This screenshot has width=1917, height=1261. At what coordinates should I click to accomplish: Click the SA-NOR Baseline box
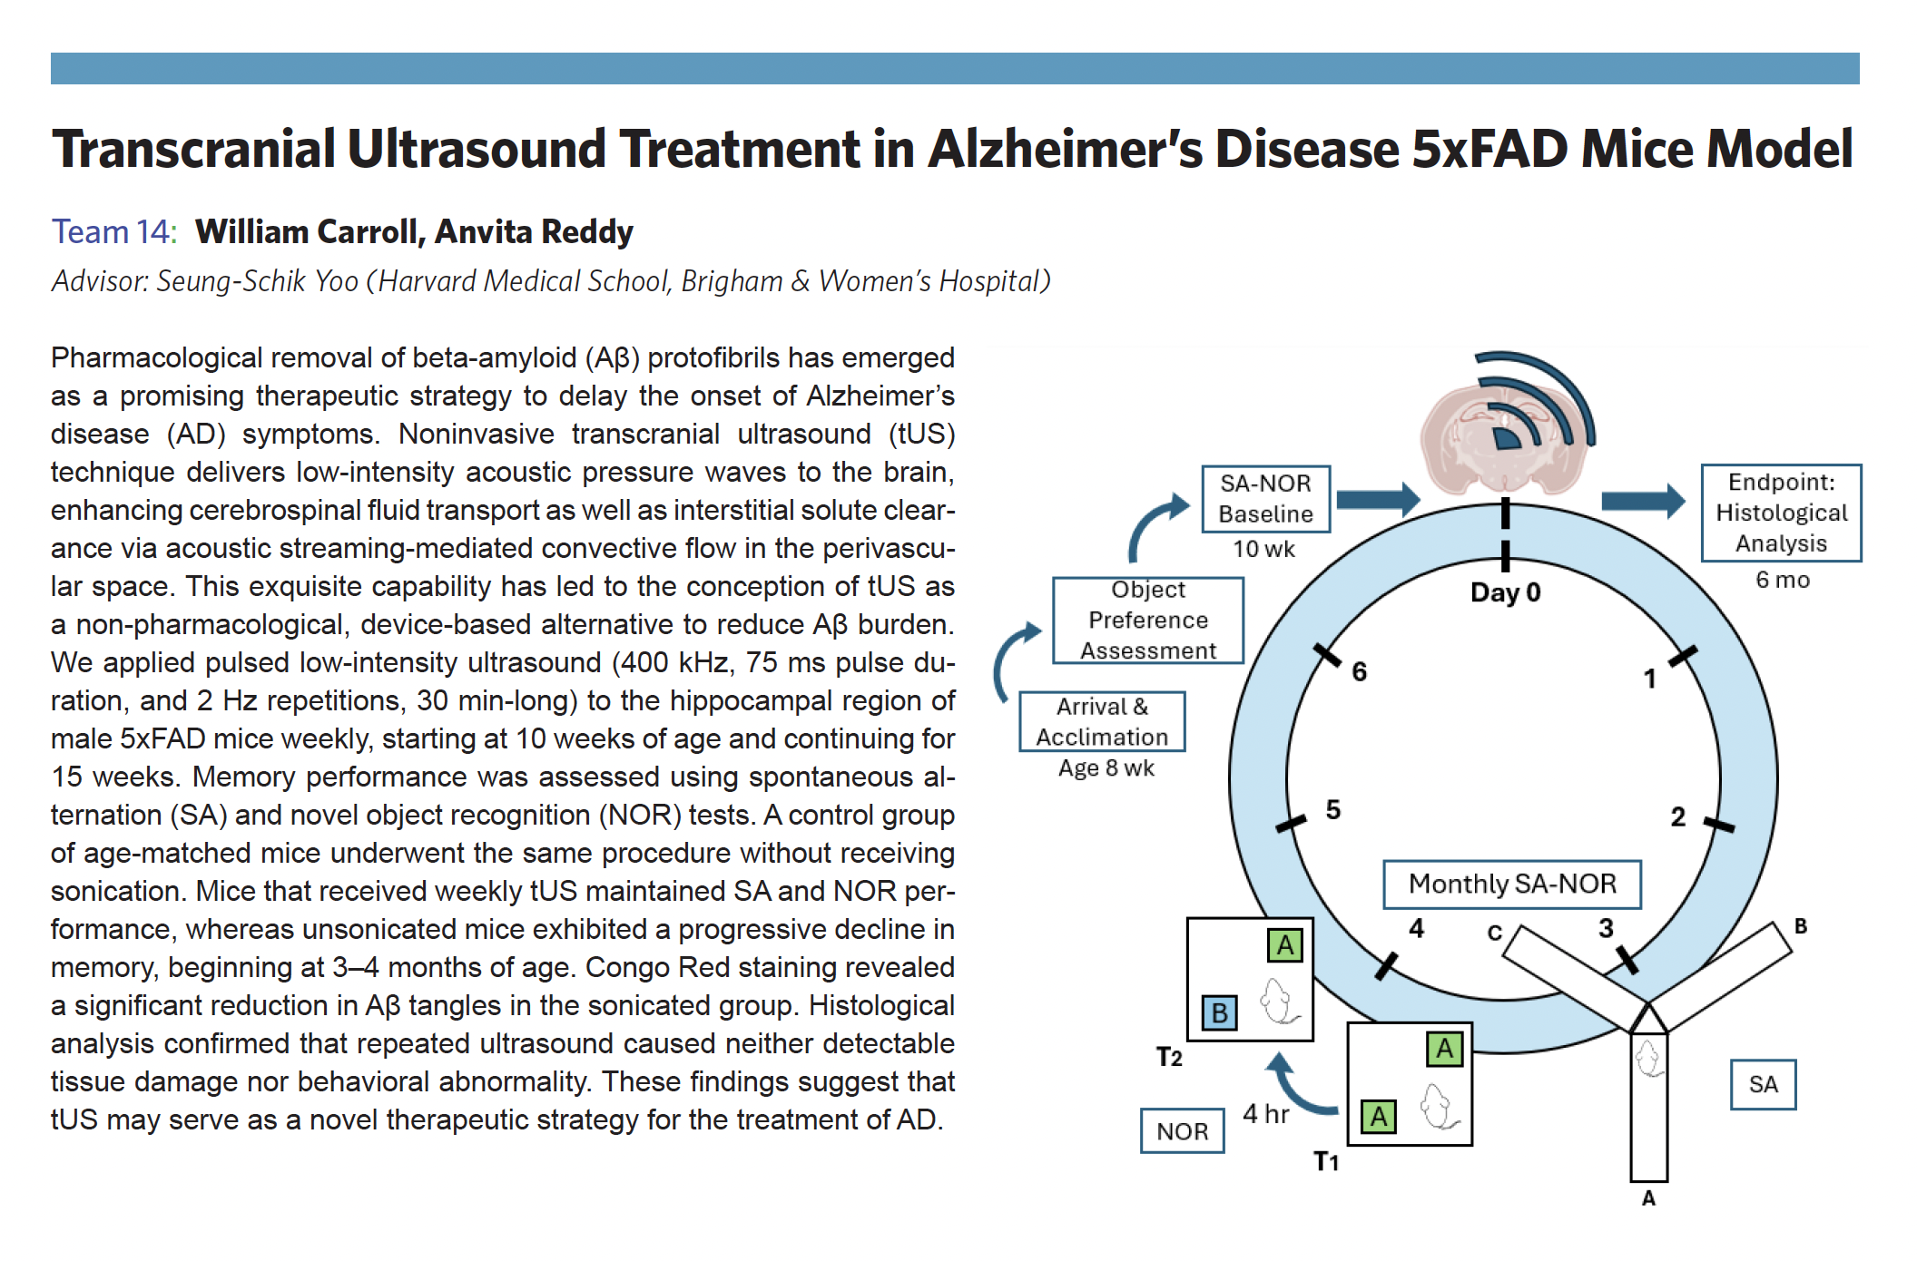tap(1265, 499)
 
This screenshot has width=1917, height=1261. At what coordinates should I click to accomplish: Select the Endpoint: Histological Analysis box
tap(1781, 513)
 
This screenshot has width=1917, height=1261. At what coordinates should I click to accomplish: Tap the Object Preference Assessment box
tap(1147, 621)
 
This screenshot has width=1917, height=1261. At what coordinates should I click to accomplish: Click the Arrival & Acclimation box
tap(1102, 722)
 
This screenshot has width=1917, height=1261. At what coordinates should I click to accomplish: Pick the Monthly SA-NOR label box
tap(1512, 884)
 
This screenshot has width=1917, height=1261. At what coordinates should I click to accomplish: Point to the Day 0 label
tap(1505, 592)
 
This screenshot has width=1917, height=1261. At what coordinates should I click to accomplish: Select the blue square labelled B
tap(1219, 1012)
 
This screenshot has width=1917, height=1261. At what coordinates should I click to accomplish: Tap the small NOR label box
tap(1182, 1131)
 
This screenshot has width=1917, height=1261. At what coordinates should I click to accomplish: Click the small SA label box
tap(1763, 1084)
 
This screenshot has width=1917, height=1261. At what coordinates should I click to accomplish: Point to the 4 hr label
tap(1265, 1114)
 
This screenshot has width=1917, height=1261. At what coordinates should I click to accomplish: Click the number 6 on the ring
tap(1359, 671)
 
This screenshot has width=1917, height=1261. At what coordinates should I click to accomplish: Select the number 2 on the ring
tap(1677, 817)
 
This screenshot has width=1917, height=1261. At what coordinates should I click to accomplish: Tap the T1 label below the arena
tap(1326, 1162)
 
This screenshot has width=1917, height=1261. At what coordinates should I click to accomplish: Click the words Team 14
tap(113, 232)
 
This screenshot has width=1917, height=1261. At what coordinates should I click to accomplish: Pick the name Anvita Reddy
tap(534, 232)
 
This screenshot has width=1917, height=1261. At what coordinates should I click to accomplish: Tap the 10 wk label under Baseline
tap(1263, 549)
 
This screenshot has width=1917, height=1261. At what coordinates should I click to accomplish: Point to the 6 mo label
tap(1782, 580)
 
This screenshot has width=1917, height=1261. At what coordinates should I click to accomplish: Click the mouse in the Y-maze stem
tap(1648, 1058)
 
